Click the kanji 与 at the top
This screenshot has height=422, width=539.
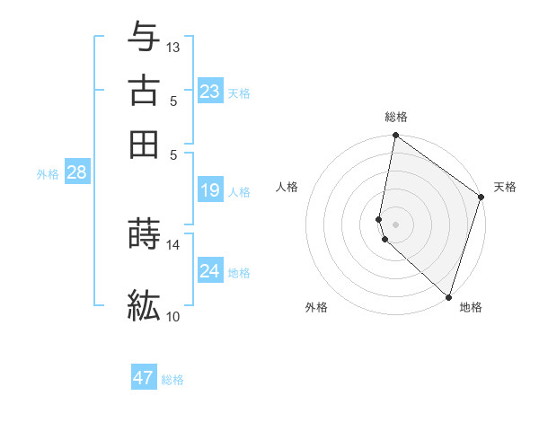coord(145,36)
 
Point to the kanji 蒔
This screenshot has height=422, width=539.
coord(145,233)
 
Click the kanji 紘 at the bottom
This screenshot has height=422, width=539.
coord(145,305)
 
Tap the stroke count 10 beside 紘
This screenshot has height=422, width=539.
coord(173,316)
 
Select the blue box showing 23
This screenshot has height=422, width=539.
coord(210,92)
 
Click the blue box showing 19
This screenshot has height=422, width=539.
coord(210,190)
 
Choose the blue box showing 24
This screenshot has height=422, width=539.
coord(210,270)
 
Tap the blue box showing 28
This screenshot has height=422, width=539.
coord(76,172)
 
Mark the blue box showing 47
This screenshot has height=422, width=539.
coord(144,378)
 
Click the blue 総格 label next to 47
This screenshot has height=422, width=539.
coord(172,380)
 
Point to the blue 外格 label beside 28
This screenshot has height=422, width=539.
coord(48,174)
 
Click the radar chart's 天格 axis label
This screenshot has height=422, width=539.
coord(505,187)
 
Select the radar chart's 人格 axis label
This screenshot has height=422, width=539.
coord(287,187)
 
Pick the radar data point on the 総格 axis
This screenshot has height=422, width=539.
coord(395,136)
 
